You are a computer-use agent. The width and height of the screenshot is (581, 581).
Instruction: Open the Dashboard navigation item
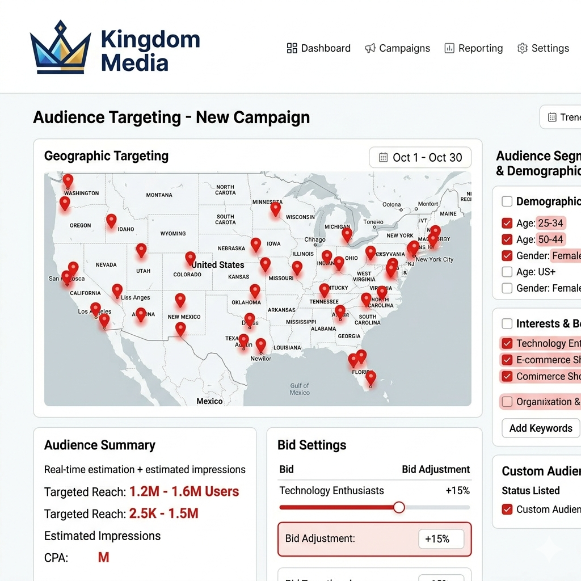[x=319, y=48]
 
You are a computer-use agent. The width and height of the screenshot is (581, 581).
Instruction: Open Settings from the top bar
[x=543, y=48]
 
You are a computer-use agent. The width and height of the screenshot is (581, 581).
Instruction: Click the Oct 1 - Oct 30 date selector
[x=420, y=158]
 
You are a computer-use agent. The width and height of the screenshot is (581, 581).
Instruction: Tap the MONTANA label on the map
[x=159, y=195]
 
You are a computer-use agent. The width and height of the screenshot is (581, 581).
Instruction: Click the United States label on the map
[x=218, y=265]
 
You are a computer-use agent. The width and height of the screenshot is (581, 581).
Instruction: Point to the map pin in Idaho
[x=111, y=220]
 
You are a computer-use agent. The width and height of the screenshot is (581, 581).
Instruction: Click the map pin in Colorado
[x=190, y=258]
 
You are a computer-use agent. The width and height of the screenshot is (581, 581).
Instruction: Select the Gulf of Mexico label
[x=300, y=389]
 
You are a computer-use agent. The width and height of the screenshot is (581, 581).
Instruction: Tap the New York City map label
[x=435, y=259]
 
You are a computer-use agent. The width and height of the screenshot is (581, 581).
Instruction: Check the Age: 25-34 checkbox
[x=507, y=223]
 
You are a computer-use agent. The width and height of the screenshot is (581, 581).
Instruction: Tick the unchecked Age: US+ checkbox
[x=507, y=272]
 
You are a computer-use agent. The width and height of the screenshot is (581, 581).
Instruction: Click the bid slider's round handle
[x=399, y=507]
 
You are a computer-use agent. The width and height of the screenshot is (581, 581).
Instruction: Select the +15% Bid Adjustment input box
[x=441, y=539]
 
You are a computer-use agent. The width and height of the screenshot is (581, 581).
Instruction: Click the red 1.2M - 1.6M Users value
[x=184, y=491]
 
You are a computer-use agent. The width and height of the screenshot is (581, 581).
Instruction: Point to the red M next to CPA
[x=103, y=558]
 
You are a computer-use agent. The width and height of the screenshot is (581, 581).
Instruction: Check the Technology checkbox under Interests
[x=507, y=343]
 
